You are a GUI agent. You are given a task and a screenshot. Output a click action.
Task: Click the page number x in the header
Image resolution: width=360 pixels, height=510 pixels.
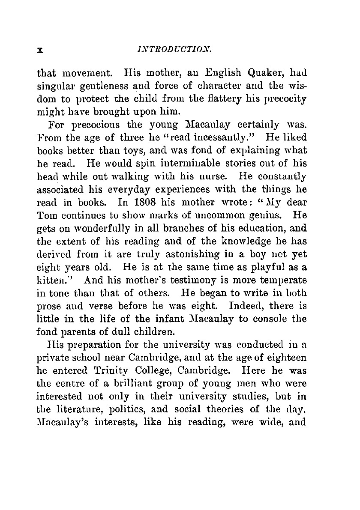[40, 50]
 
